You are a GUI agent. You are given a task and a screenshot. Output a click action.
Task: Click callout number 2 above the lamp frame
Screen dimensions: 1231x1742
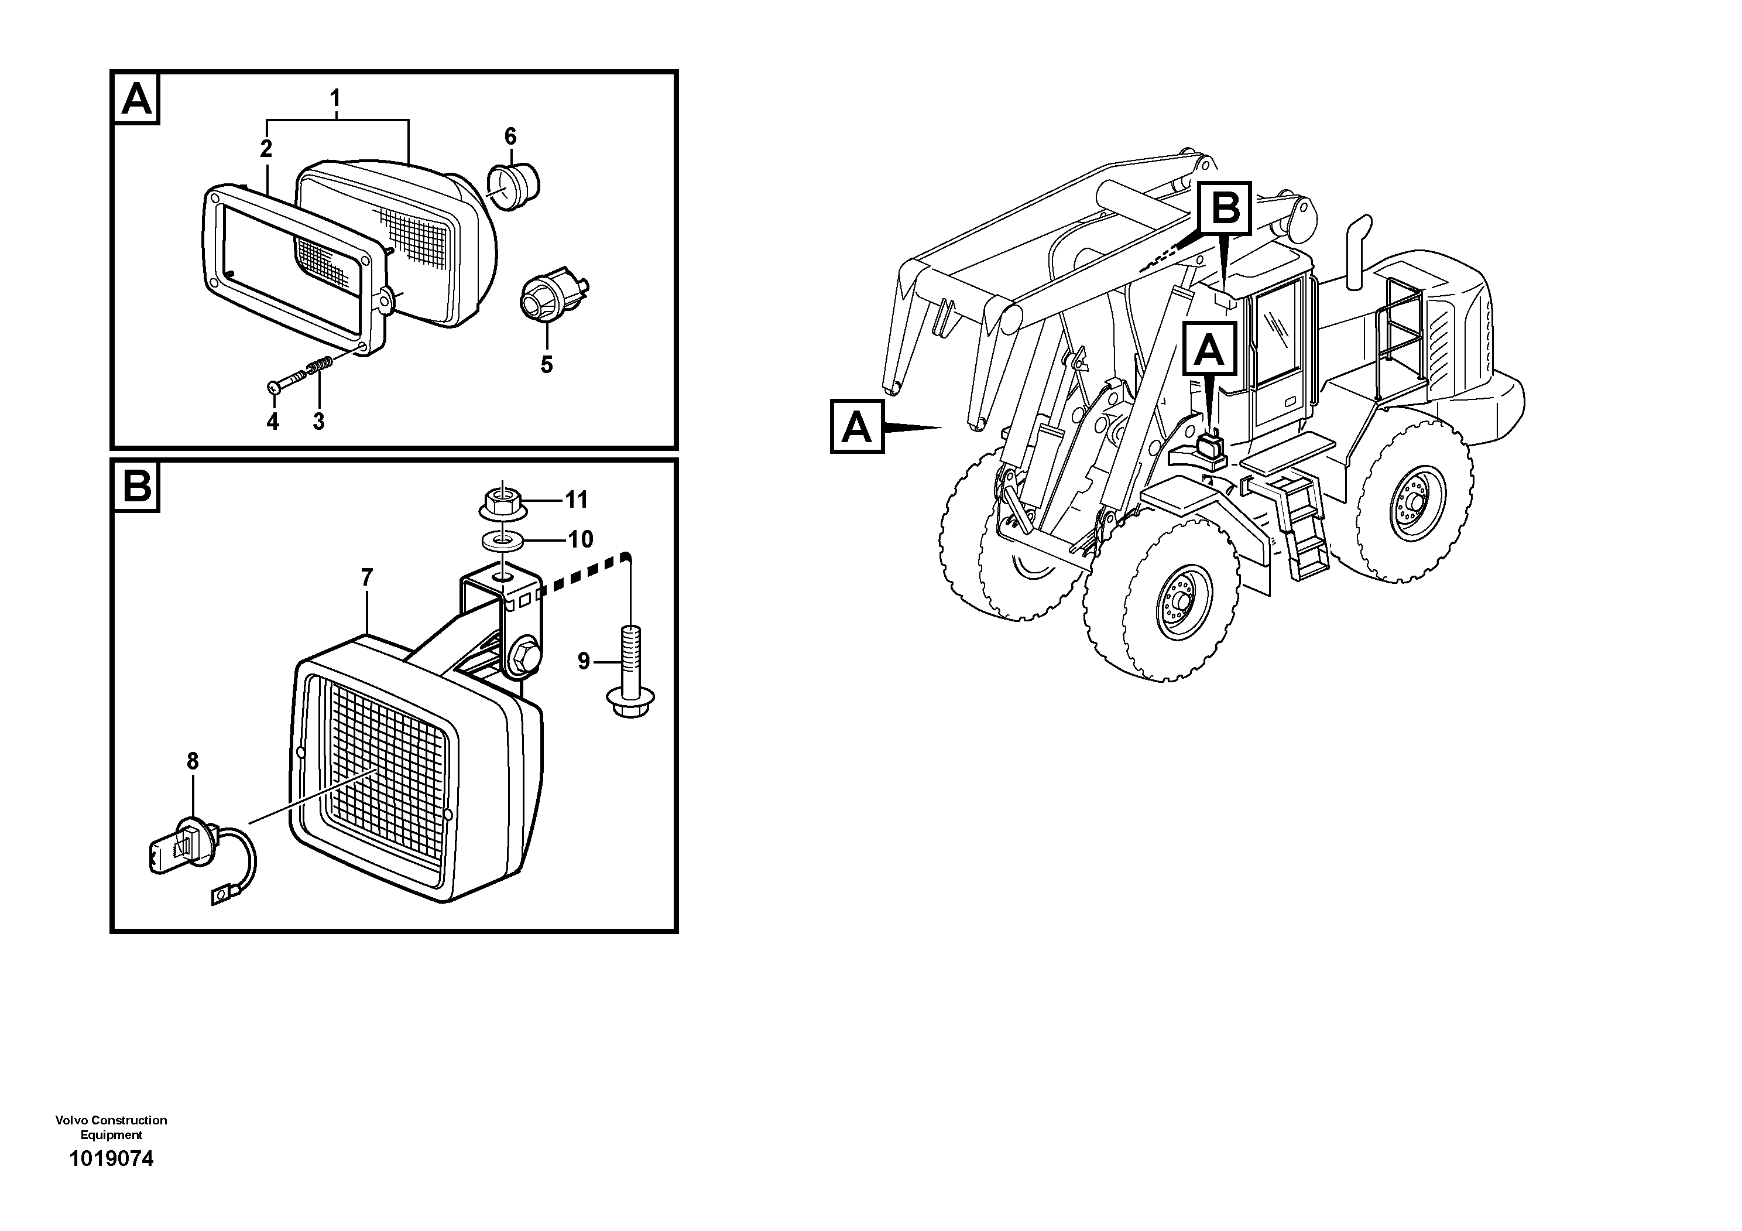[266, 149]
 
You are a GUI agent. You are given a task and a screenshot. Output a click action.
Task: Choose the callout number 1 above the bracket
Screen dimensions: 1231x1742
[335, 98]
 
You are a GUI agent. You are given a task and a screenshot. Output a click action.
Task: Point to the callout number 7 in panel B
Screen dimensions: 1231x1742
[367, 578]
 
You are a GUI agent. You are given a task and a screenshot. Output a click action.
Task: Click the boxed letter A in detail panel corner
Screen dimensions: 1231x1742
[136, 98]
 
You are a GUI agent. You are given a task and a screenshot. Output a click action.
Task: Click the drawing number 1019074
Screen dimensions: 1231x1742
[112, 1159]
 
